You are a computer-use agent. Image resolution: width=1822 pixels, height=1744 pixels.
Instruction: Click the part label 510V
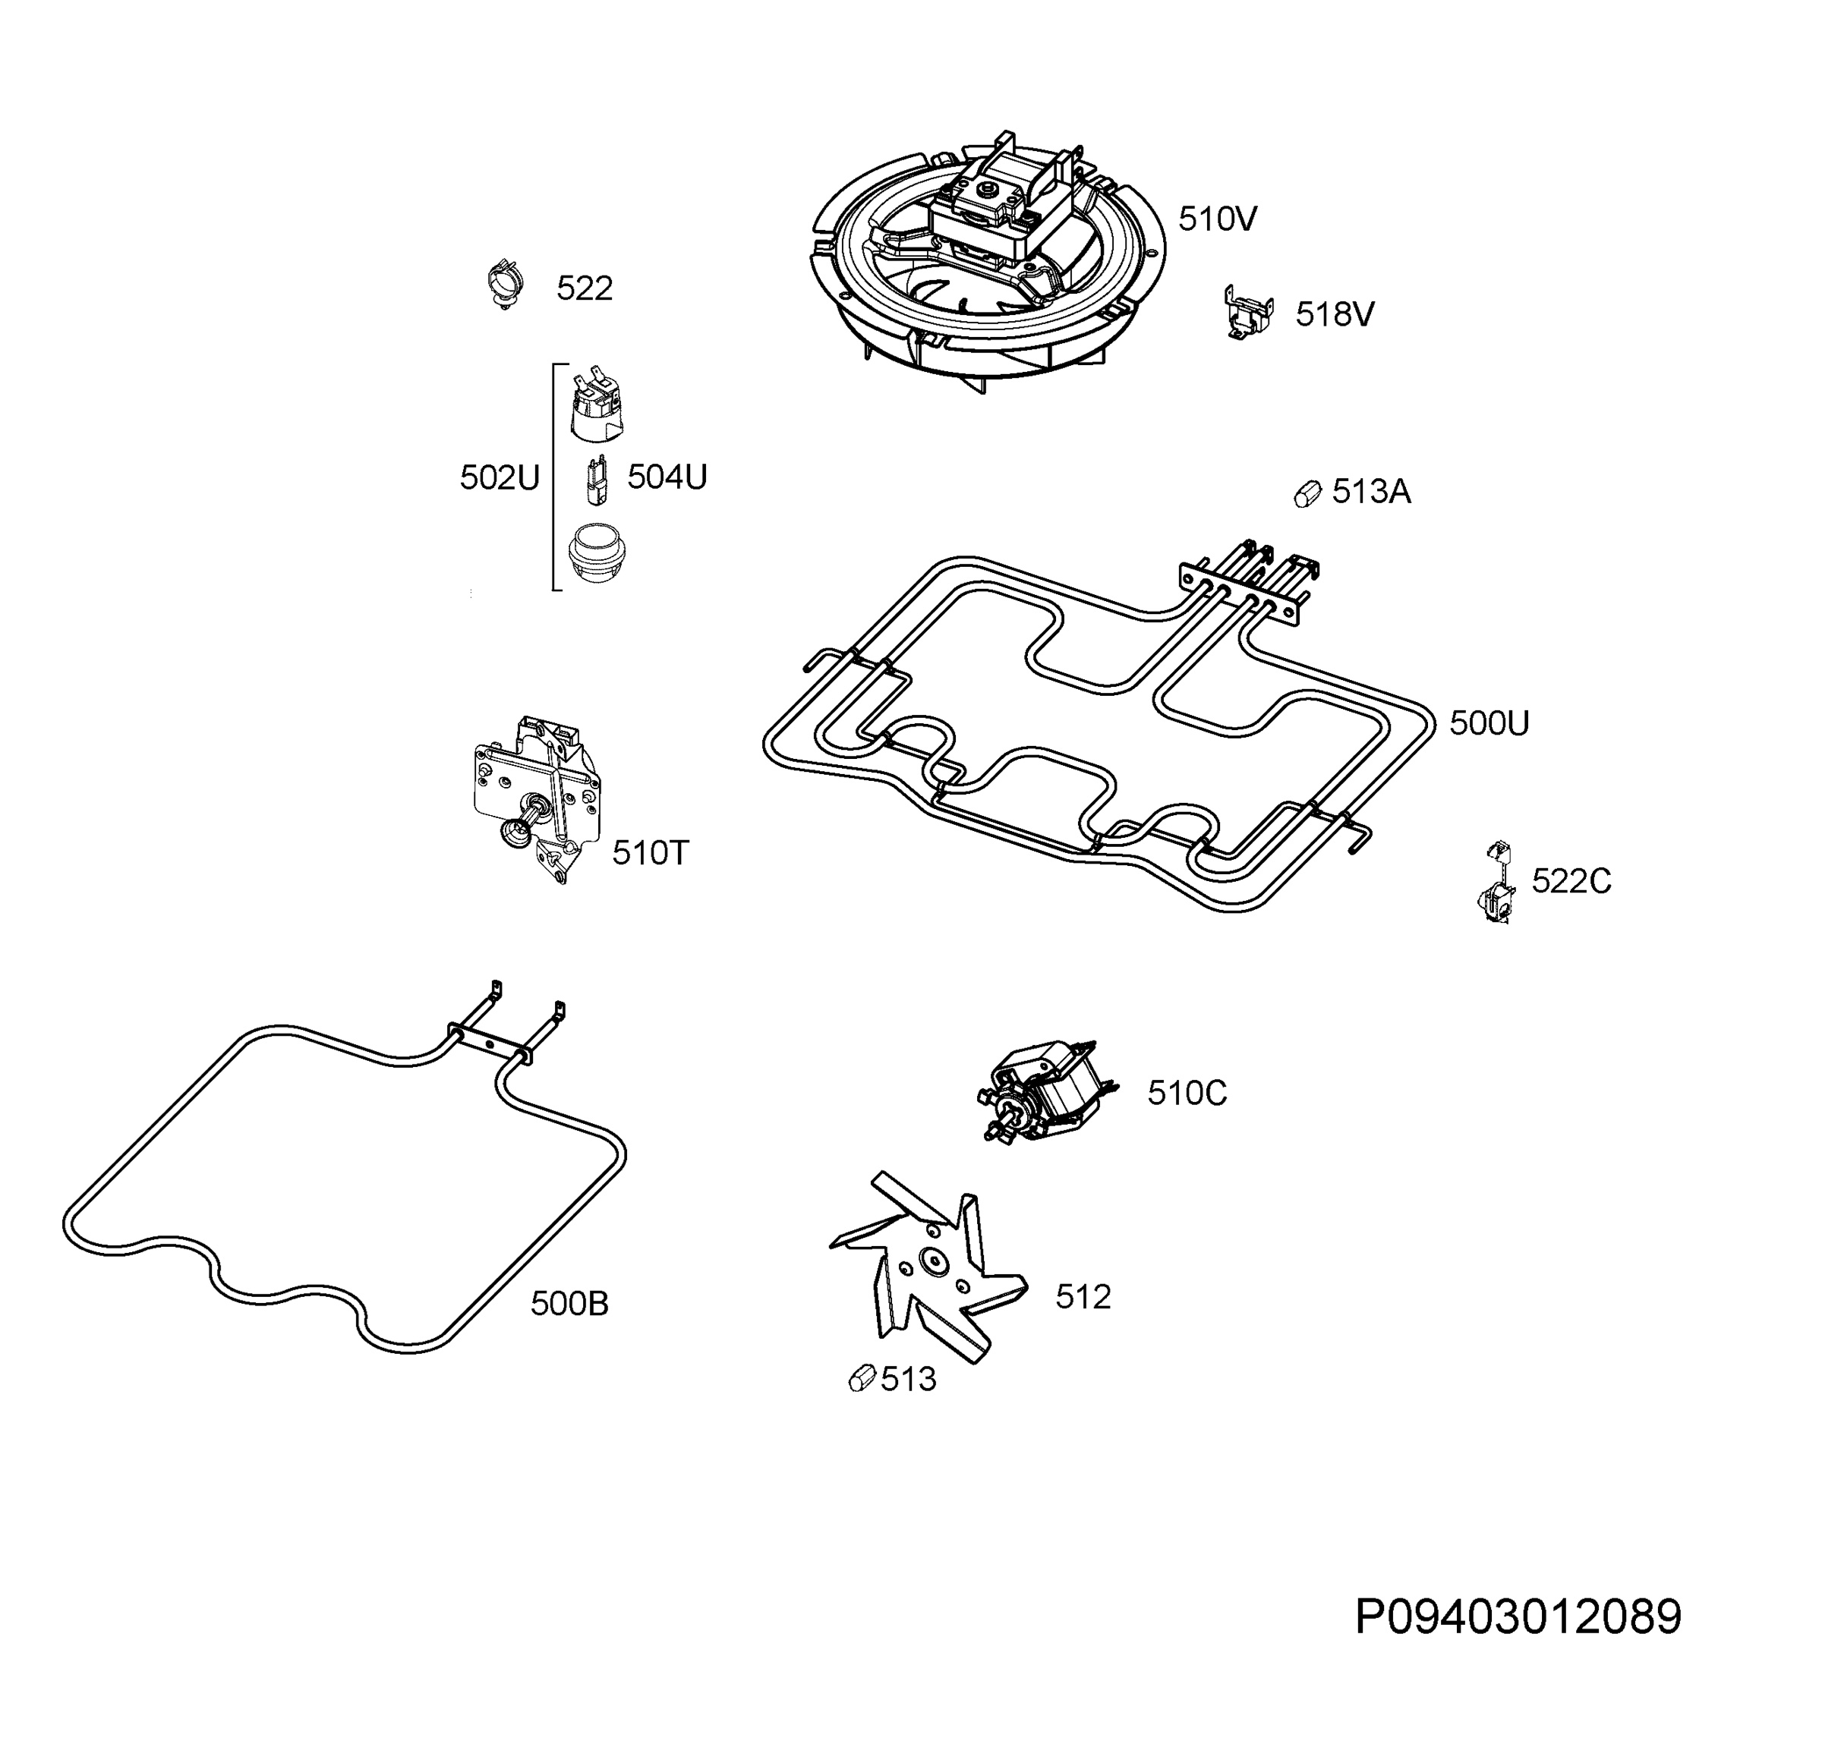click(1218, 219)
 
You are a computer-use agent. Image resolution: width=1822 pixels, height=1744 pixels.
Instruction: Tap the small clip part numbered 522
click(505, 285)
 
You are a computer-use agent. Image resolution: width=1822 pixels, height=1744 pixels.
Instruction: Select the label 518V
click(1335, 314)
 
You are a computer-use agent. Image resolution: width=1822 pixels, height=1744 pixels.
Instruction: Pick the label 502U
click(500, 477)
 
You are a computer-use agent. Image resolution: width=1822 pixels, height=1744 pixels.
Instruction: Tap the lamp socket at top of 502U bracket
click(595, 406)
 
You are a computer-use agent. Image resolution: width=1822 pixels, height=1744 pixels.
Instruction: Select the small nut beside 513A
click(1308, 493)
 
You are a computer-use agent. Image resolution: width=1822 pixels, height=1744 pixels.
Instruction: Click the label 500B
click(570, 1304)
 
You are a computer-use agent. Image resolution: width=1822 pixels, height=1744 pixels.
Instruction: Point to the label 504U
click(667, 477)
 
